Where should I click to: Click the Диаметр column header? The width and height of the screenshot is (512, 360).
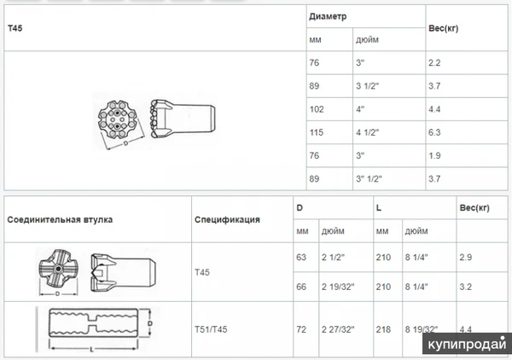point(329,17)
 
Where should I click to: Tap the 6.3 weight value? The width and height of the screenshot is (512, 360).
point(435,132)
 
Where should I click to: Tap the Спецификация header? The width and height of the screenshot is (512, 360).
point(227,219)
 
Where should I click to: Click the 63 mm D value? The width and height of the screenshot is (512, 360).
point(301,256)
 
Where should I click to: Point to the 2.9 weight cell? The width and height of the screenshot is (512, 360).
point(466,256)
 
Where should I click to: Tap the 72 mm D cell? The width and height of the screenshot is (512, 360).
point(301,328)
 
